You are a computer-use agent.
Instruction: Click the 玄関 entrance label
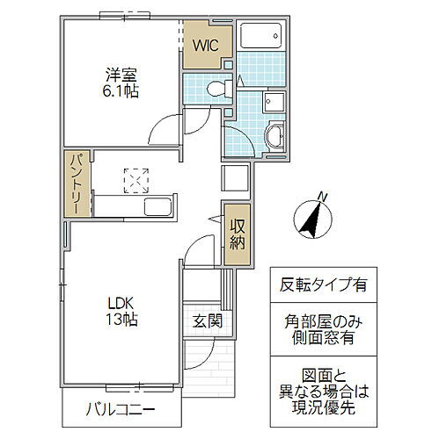tap(208, 321)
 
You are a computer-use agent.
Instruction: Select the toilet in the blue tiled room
tap(219, 88)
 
